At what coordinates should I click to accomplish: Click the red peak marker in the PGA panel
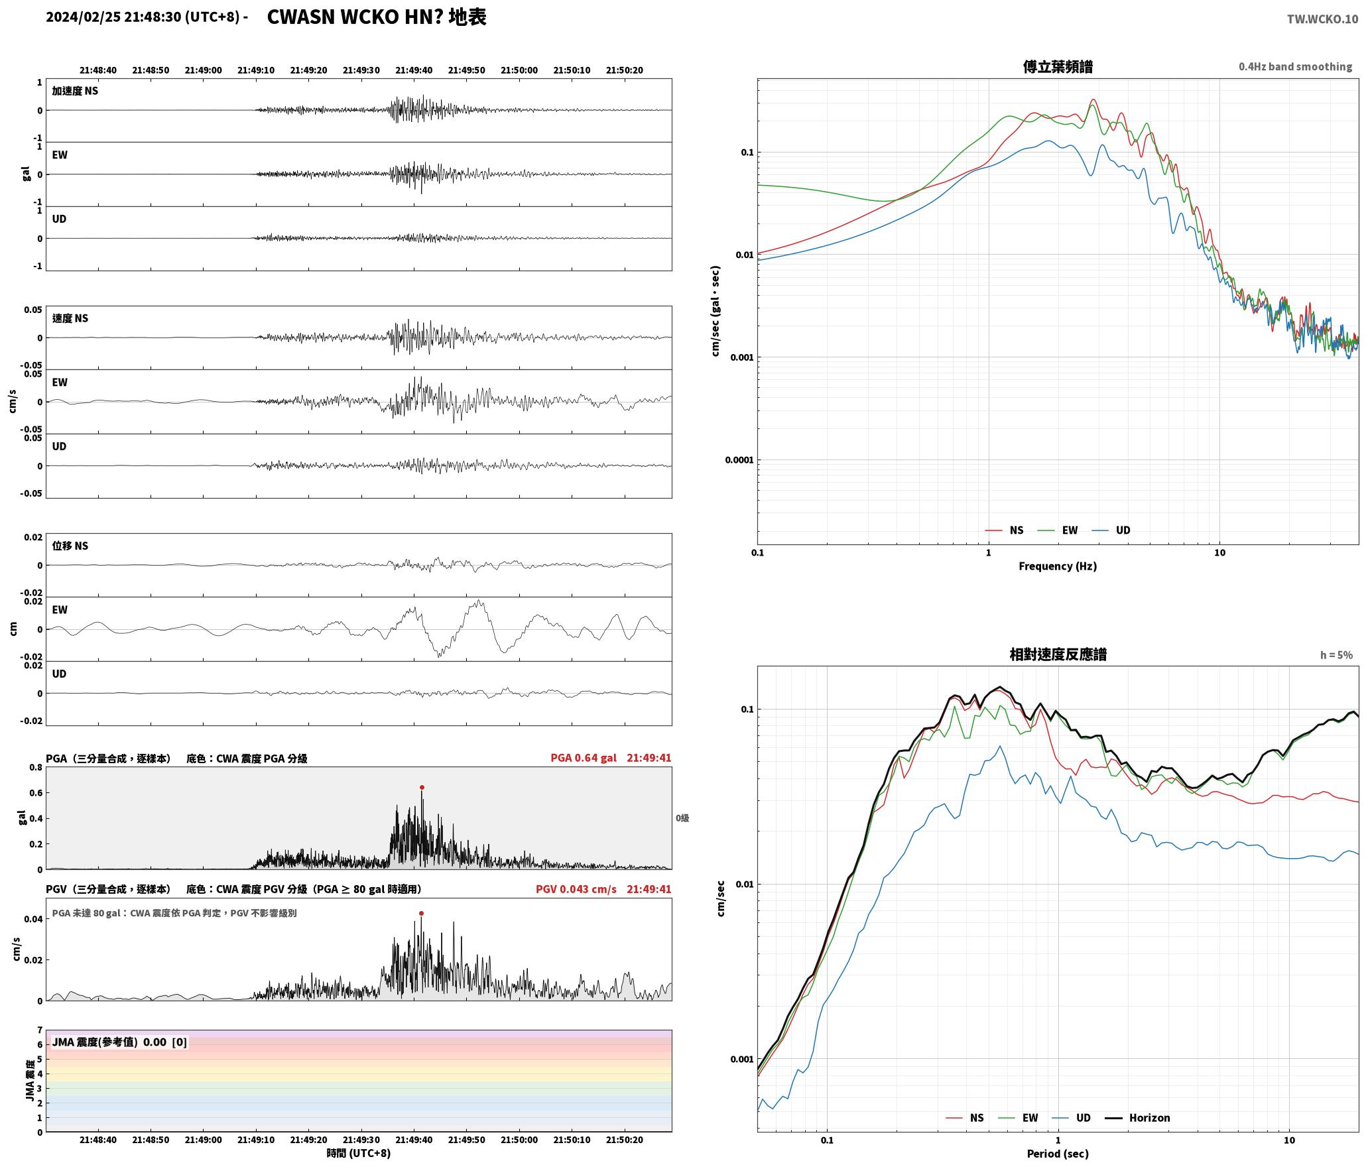click(x=422, y=788)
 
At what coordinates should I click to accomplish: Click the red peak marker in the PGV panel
click(x=421, y=913)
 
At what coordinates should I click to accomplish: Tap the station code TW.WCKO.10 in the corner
click(x=1322, y=19)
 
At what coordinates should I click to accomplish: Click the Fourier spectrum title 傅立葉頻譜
click(x=1058, y=66)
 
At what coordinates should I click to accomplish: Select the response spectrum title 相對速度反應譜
click(x=1058, y=654)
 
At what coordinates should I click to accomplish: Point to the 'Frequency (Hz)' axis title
click(x=1058, y=566)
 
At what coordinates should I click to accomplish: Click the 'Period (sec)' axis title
click(x=1058, y=1154)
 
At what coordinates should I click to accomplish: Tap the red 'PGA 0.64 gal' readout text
click(x=584, y=758)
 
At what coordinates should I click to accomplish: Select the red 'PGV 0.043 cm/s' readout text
click(x=576, y=889)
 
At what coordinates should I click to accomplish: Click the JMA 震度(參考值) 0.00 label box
click(x=119, y=1042)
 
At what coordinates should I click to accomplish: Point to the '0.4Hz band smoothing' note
click(x=1295, y=66)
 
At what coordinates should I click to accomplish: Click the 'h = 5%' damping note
click(x=1336, y=655)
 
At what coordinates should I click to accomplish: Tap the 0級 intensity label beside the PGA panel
click(x=682, y=818)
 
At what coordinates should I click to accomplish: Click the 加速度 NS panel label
click(x=75, y=91)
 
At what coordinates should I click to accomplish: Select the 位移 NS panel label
click(x=70, y=546)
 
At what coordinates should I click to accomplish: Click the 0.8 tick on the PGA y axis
click(x=36, y=768)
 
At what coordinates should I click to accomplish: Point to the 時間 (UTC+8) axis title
click(x=358, y=1153)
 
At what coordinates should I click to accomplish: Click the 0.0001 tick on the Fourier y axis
click(x=739, y=460)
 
